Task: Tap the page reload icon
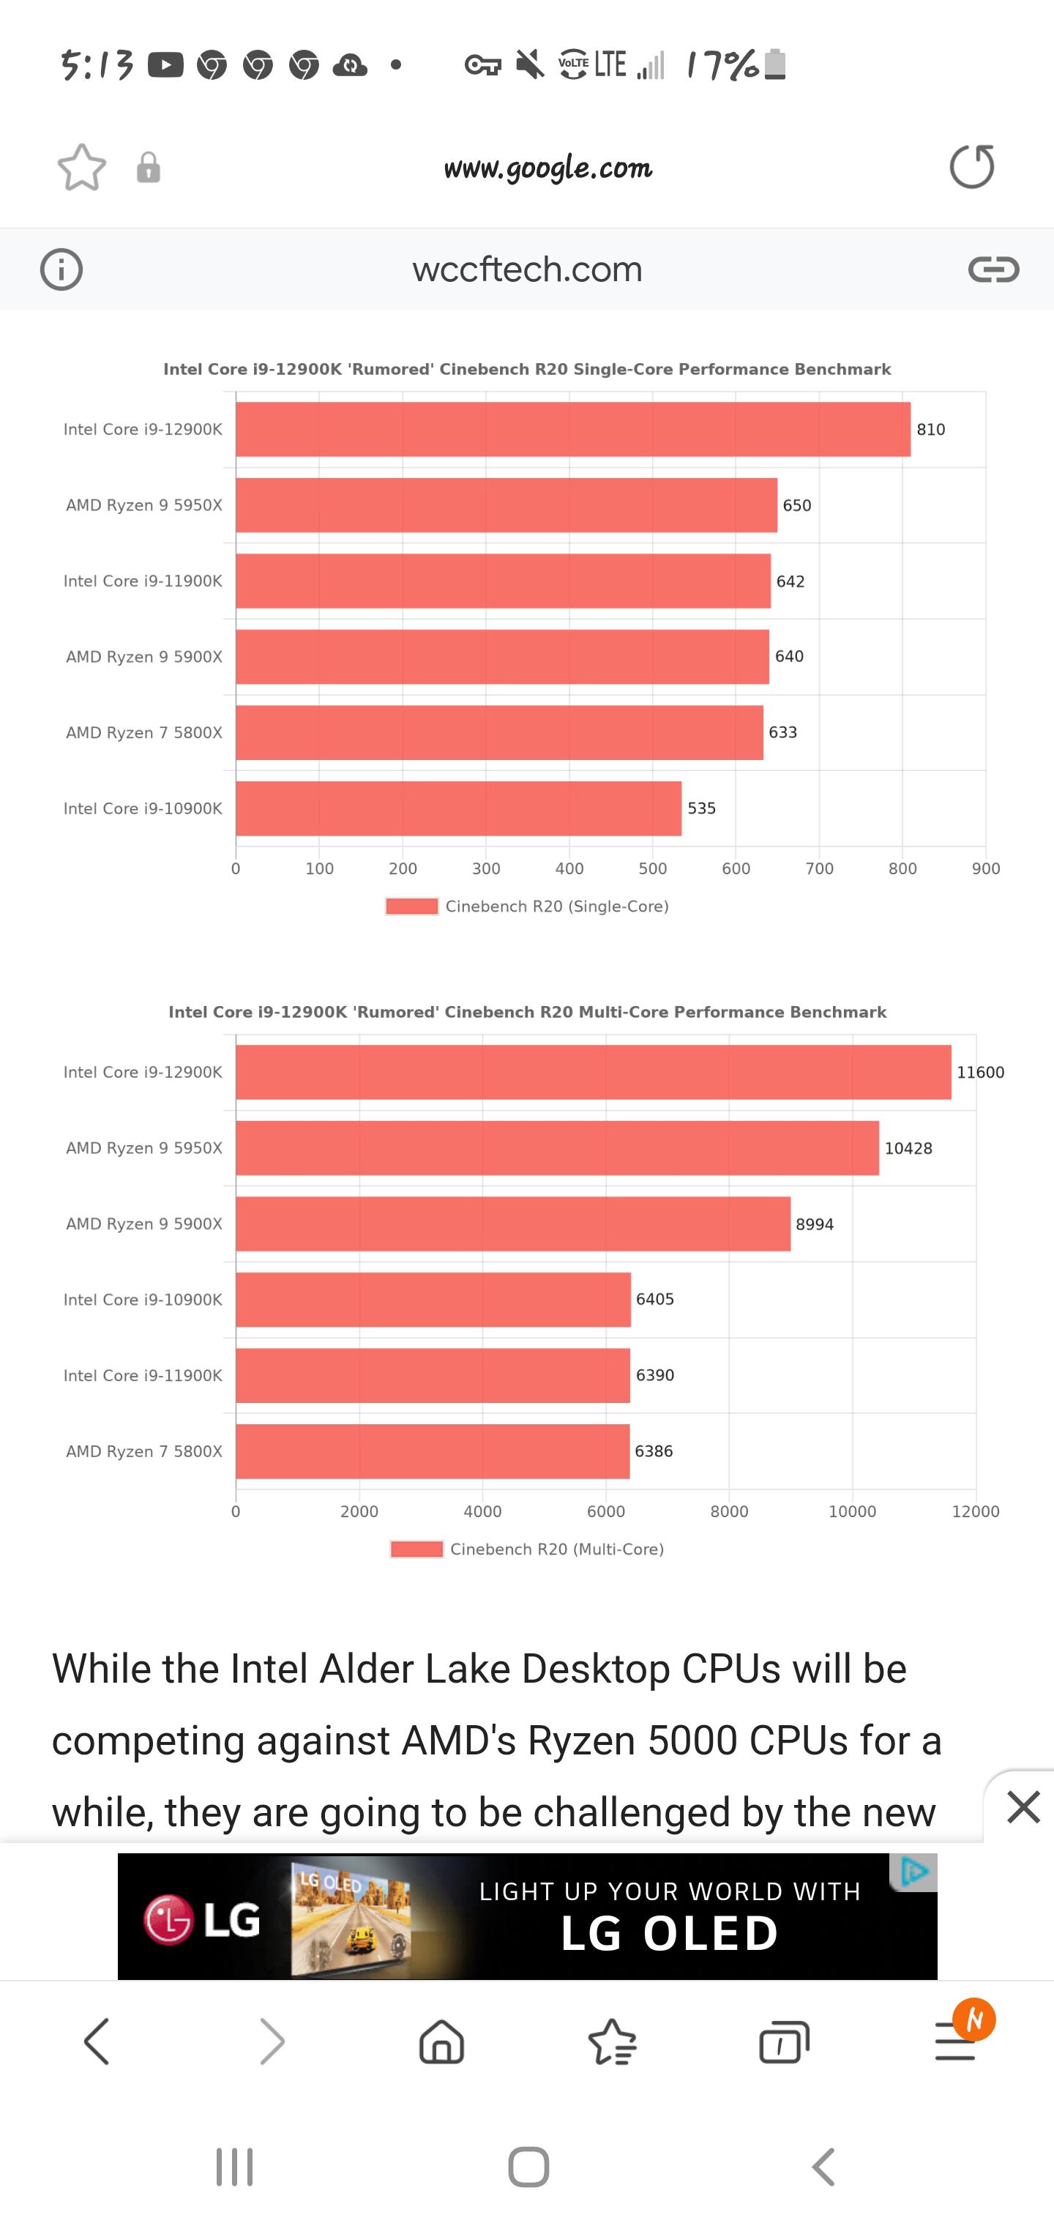tap(972, 167)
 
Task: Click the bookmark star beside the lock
tap(82, 167)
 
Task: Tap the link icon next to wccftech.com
tap(993, 269)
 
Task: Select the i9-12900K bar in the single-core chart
tap(573, 430)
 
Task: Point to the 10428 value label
tap(908, 1148)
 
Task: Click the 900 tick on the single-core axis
tap(986, 869)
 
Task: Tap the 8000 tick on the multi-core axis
tap(729, 1512)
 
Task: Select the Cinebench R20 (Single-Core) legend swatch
tap(412, 907)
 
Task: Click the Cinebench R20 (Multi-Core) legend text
tap(557, 1549)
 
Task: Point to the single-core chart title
tap(527, 370)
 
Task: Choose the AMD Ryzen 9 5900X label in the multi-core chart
tap(144, 1224)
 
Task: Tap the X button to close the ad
tap(1024, 1807)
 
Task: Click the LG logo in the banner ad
tap(203, 1919)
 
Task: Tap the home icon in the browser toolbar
tap(441, 2042)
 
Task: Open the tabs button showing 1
tap(784, 2043)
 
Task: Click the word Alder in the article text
tap(373, 1669)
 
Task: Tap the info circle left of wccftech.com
tap(61, 269)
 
